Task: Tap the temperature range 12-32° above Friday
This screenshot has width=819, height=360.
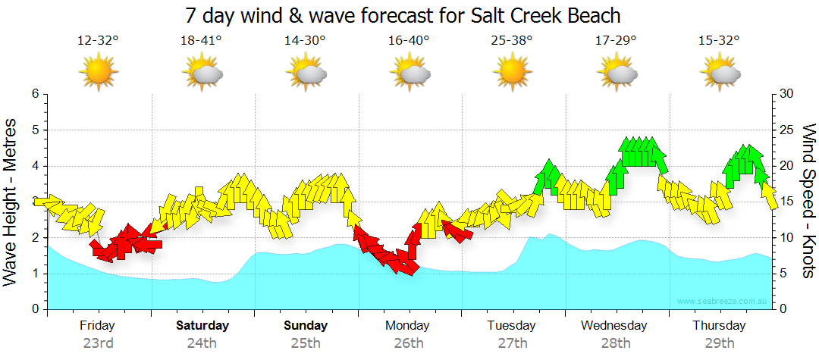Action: click(x=99, y=40)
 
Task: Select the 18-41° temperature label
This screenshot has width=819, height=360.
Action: click(x=202, y=40)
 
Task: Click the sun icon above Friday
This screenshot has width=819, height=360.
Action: click(x=99, y=74)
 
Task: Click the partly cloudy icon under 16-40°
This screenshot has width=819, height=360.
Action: click(x=409, y=74)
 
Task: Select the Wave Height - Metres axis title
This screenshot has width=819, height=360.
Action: click(x=11, y=202)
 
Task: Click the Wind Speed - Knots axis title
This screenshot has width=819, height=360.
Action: click(x=808, y=202)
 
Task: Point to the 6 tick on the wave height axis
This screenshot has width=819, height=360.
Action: click(x=34, y=94)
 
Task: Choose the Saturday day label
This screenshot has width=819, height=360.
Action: click(x=202, y=326)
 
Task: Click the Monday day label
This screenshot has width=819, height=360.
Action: click(x=409, y=326)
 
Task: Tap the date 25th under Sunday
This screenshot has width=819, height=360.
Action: click(x=306, y=343)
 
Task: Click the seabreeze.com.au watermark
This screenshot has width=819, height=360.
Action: click(x=723, y=302)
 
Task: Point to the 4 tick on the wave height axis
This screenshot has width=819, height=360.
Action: click(x=34, y=166)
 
